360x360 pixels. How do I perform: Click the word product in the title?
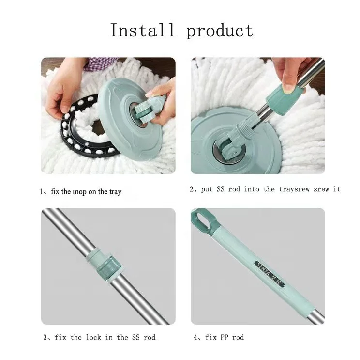click(220, 31)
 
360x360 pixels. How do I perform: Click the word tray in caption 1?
click(115, 192)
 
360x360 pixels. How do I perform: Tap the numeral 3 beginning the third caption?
click(45, 337)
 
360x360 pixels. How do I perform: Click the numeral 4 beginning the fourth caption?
click(195, 337)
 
